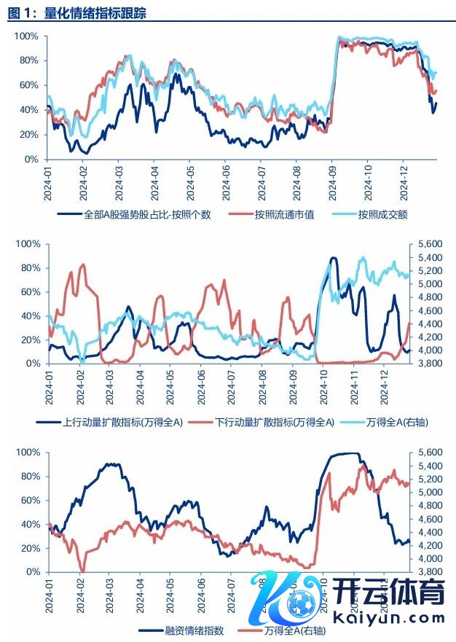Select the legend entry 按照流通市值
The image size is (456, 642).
click(284, 214)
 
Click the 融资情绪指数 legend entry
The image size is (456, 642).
click(190, 630)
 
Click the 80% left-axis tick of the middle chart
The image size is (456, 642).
click(29, 267)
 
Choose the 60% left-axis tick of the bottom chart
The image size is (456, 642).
click(29, 501)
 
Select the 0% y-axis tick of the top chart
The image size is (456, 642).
click(31, 159)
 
